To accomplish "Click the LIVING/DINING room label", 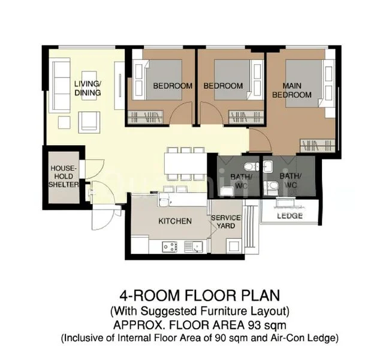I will [88, 88].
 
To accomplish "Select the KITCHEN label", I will [174, 221].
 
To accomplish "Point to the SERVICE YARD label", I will [225, 221].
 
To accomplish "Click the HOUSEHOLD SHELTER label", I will [64, 176].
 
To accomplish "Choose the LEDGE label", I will [289, 215].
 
